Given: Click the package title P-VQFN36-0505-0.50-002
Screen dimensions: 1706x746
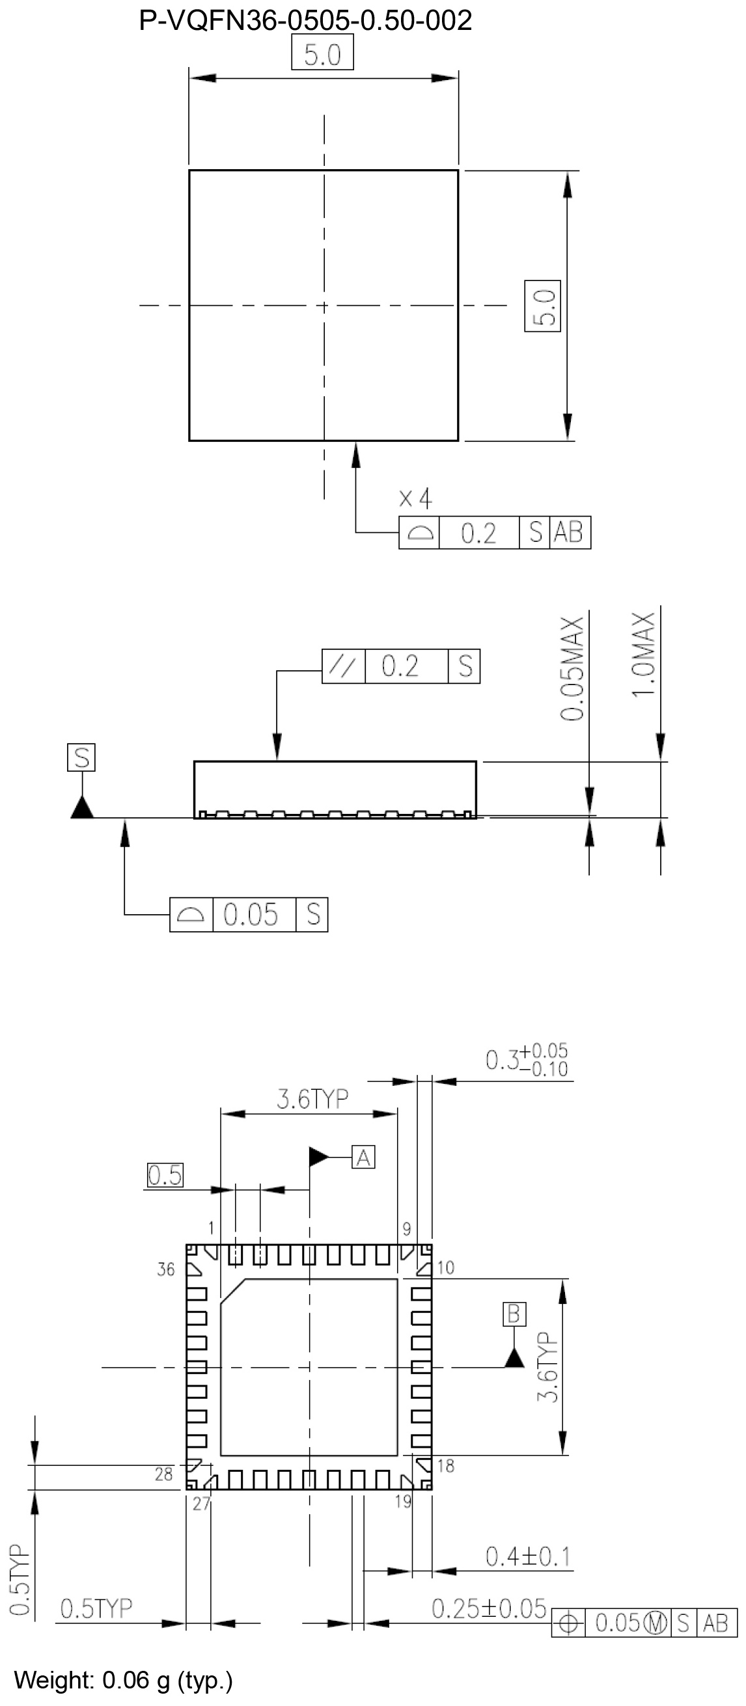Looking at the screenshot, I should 305,21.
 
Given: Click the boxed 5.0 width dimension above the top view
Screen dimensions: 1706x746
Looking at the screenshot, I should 322,54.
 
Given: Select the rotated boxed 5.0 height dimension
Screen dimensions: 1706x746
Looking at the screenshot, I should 543,306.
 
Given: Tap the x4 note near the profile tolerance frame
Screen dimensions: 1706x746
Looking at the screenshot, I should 415,498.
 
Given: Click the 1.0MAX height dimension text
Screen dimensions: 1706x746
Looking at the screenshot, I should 643,655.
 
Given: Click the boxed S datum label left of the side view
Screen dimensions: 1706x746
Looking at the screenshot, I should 81,757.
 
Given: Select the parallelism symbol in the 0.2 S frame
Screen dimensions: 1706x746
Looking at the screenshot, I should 343,666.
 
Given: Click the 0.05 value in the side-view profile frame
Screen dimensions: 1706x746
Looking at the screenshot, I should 251,915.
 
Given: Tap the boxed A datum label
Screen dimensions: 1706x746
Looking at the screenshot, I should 363,1157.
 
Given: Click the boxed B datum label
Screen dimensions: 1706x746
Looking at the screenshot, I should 514,1314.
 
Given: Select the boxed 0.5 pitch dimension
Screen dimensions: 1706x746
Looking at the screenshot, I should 164,1175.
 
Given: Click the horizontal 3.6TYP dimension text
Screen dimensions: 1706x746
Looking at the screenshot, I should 312,1099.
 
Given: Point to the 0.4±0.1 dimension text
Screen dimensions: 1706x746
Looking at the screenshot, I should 528,1556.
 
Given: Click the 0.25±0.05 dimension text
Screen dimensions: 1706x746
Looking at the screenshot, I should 489,1608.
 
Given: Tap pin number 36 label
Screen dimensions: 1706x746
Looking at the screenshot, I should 165,1269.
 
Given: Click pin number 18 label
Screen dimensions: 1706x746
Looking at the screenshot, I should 446,1466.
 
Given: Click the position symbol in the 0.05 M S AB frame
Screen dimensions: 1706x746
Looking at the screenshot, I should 568,1623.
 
